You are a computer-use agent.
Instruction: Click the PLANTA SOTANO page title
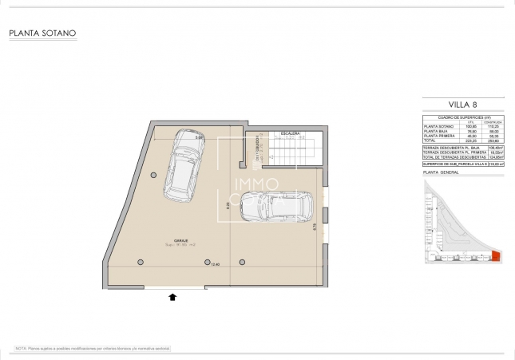[42, 34]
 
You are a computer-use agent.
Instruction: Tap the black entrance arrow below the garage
[172, 297]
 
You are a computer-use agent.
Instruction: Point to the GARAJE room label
[169, 239]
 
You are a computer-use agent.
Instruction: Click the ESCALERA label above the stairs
[288, 133]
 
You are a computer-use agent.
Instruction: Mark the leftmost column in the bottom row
[141, 262]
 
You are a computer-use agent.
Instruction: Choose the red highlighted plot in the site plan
[495, 256]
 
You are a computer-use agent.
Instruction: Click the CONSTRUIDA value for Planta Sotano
[493, 126]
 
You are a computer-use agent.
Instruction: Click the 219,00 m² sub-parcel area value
[495, 164]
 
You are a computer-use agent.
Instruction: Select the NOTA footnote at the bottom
[92, 349]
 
